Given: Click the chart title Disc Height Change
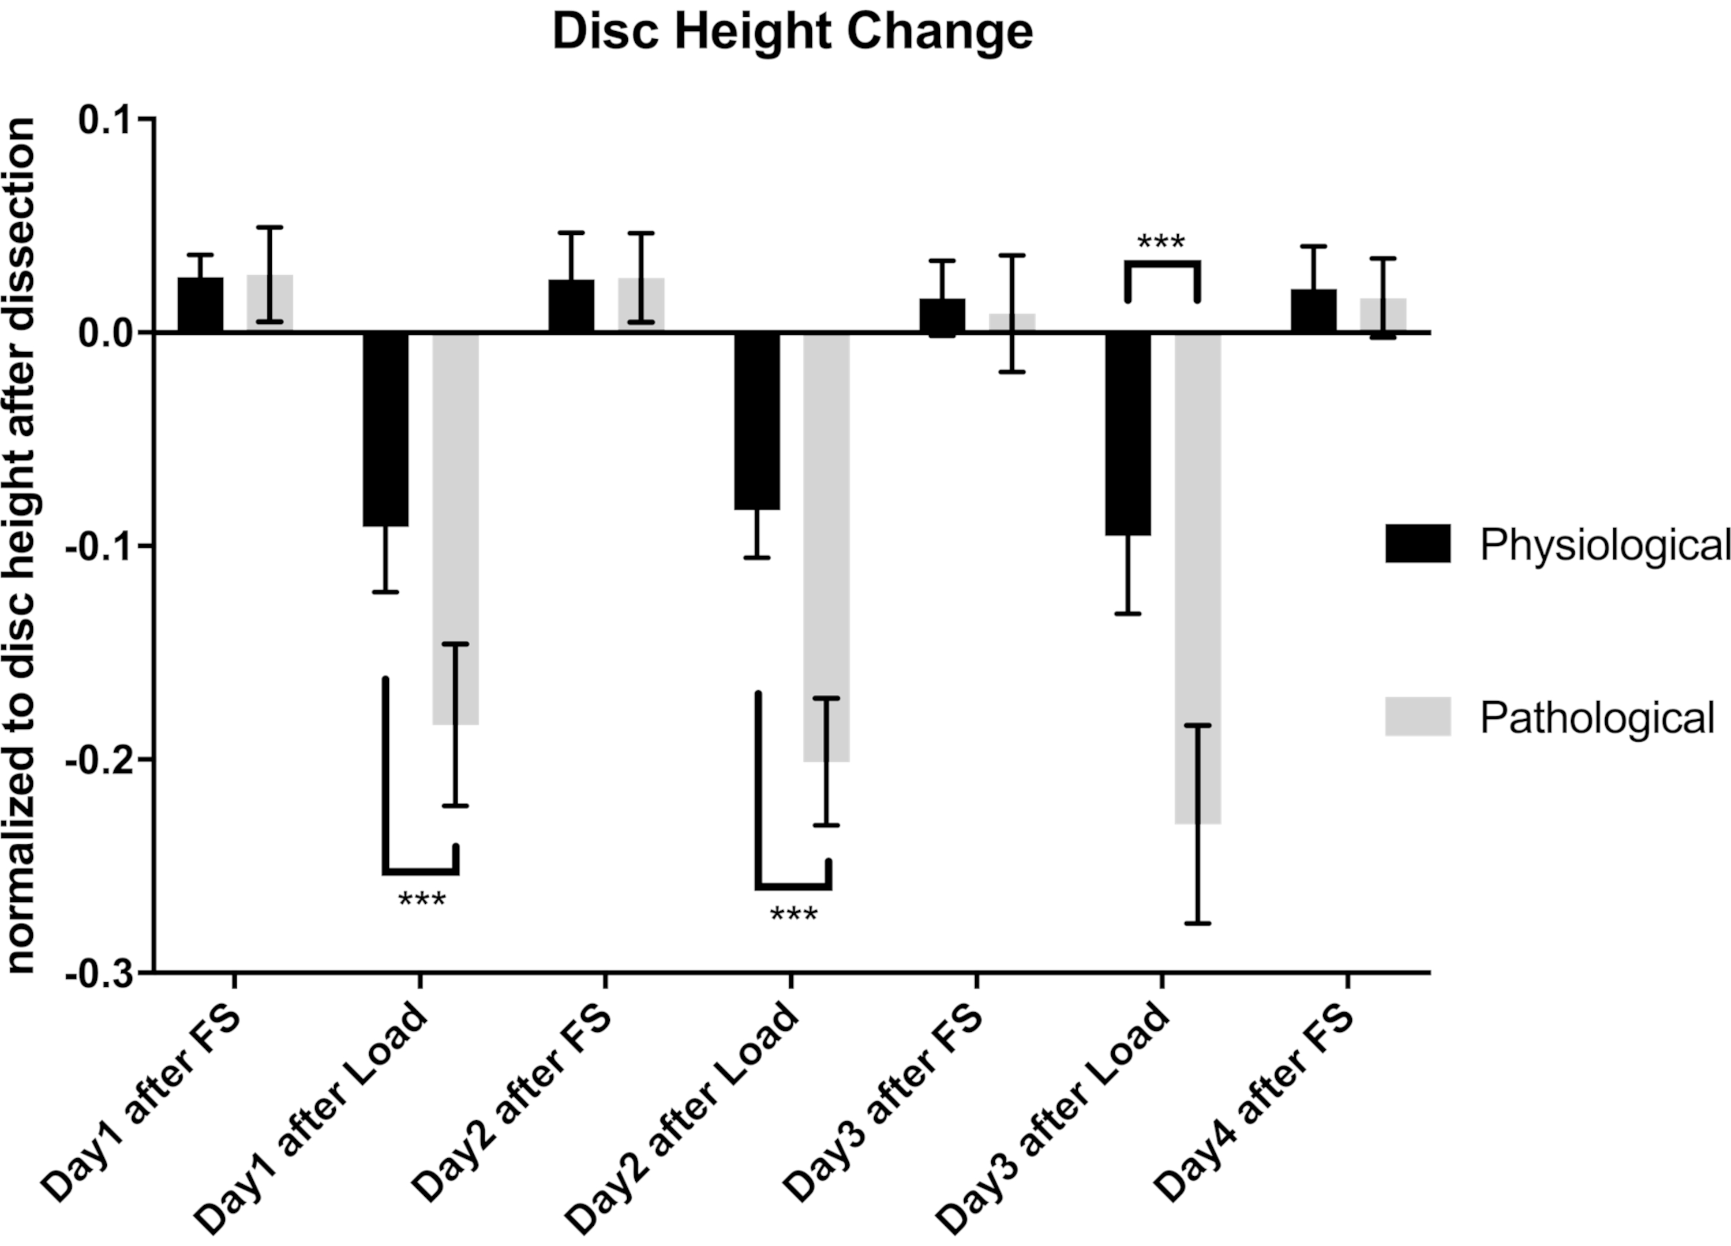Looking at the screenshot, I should coord(792,32).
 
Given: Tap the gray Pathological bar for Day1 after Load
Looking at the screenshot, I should coord(456,527).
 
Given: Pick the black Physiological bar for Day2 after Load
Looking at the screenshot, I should coord(757,421).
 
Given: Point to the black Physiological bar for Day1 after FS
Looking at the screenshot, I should coord(201,305).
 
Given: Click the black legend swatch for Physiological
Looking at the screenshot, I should coord(1417,544).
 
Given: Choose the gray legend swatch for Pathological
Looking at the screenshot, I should coord(1417,716).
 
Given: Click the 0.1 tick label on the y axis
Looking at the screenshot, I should coord(107,120).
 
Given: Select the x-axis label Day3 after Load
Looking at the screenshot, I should coord(1053,1118).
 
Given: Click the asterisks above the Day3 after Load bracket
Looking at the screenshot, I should coord(1161,243).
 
